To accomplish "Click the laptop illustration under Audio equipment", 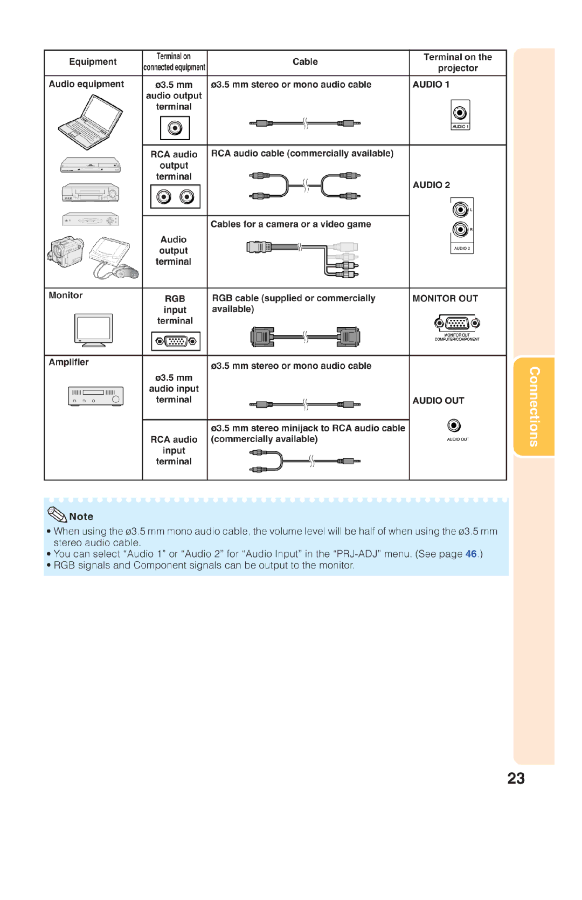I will click(91, 122).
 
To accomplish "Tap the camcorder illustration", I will click(65, 251).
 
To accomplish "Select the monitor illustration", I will click(94, 329).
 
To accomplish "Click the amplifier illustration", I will click(96, 396).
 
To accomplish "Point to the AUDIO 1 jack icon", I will click(460, 113).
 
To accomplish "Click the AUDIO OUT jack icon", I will click(454, 426).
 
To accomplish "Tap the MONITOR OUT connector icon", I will click(457, 323).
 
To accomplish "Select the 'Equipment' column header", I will click(93, 62).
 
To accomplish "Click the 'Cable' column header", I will click(305, 62).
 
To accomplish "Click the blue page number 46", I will click(471, 554).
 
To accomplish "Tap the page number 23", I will click(516, 778).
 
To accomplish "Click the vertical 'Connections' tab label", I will click(534, 407).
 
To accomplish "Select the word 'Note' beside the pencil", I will click(81, 517).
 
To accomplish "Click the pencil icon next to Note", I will click(57, 514).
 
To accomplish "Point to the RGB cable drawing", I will click(305, 337).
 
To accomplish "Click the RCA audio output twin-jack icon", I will click(175, 197).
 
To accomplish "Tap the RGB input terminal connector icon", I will click(176, 341).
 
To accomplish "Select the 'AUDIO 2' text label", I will click(431, 185).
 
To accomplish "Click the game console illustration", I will click(112, 256).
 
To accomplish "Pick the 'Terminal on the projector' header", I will click(458, 63).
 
